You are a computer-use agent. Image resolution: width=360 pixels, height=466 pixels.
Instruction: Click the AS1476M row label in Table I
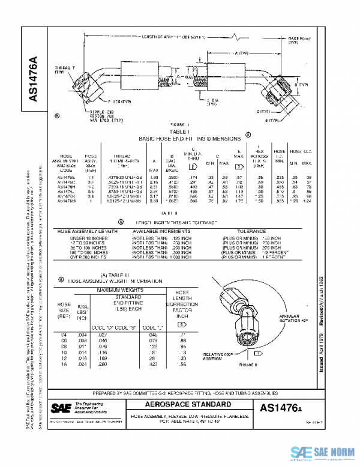[x=66, y=201]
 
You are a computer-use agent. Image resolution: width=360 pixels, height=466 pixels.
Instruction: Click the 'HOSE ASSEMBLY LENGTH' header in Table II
[x=83, y=231]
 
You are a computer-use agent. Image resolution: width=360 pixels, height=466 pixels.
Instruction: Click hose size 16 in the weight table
[x=64, y=364]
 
